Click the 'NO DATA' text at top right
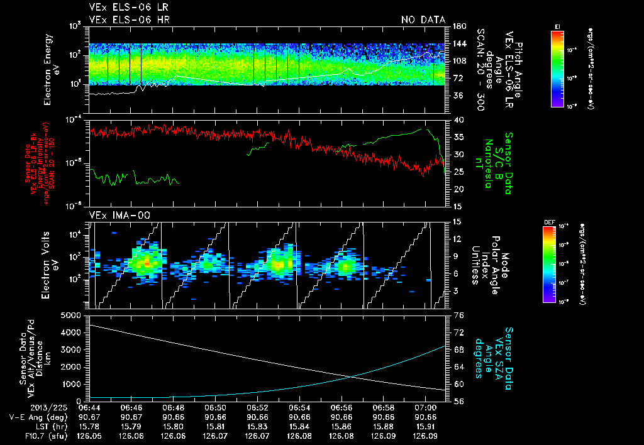[x=423, y=20]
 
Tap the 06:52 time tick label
[x=258, y=407]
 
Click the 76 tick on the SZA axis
[x=458, y=316]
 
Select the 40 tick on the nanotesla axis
[x=458, y=120]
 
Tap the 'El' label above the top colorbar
[x=557, y=25]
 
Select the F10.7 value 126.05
[x=89, y=435]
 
